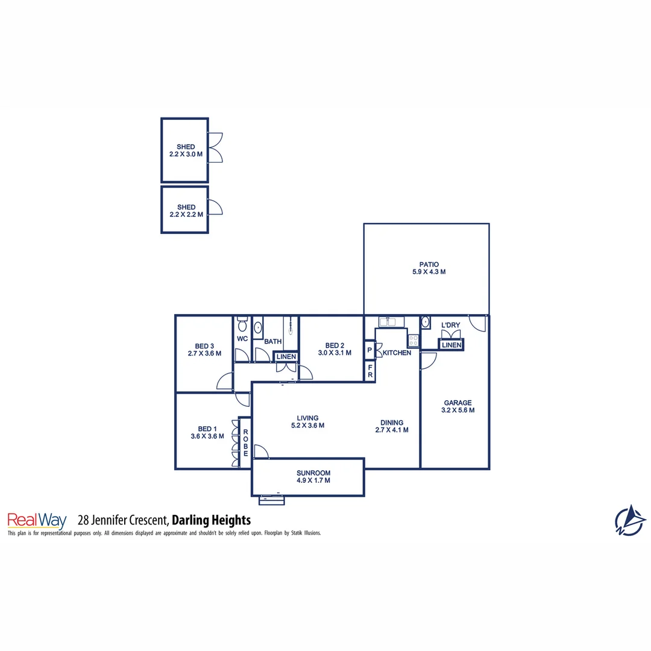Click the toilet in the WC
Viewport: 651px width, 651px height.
pyautogui.click(x=242, y=325)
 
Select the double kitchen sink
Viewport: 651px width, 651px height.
pyautogui.click(x=386, y=322)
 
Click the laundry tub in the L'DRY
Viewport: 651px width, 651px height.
pyautogui.click(x=425, y=322)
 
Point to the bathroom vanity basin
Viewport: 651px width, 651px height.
pyautogui.click(x=258, y=329)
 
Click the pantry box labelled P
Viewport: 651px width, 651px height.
pyautogui.click(x=369, y=350)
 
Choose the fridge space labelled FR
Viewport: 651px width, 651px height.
pyautogui.click(x=370, y=371)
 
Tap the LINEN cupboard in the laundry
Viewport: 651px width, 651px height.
pyautogui.click(x=451, y=345)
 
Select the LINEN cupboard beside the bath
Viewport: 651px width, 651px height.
pyautogui.click(x=286, y=357)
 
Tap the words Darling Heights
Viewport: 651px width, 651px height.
pyautogui.click(x=211, y=520)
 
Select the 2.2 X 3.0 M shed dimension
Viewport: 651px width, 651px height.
pyautogui.click(x=186, y=154)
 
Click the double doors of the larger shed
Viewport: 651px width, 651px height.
pyautogui.click(x=215, y=148)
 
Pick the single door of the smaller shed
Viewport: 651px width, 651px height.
pyautogui.click(x=215, y=208)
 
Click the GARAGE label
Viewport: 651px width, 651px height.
pyautogui.click(x=458, y=403)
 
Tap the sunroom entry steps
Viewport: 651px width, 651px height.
pyautogui.click(x=271, y=499)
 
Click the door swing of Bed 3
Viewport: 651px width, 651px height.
pyautogui.click(x=225, y=381)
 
